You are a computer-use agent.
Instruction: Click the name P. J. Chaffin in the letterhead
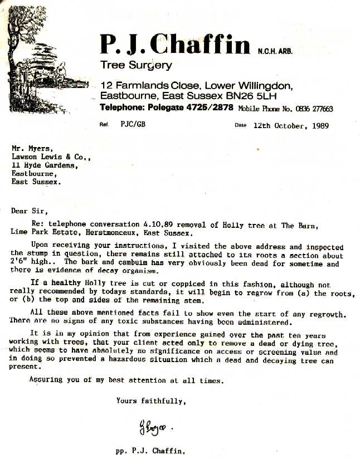point(175,44)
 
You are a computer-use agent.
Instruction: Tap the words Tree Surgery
point(136,65)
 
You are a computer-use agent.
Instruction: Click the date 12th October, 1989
point(290,126)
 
